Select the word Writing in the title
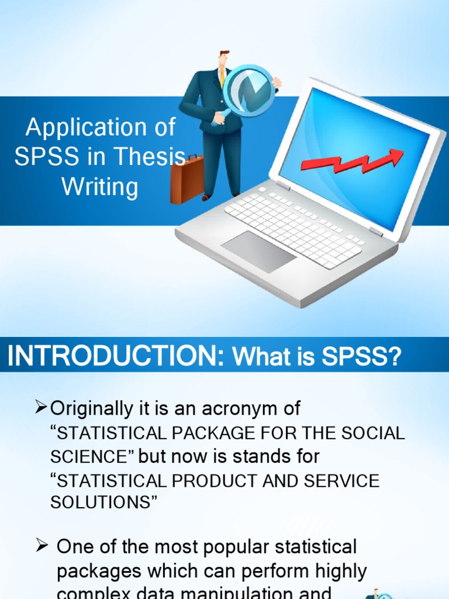(100, 187)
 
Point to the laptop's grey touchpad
(258, 250)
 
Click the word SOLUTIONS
(100, 502)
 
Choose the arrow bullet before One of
(41, 547)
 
